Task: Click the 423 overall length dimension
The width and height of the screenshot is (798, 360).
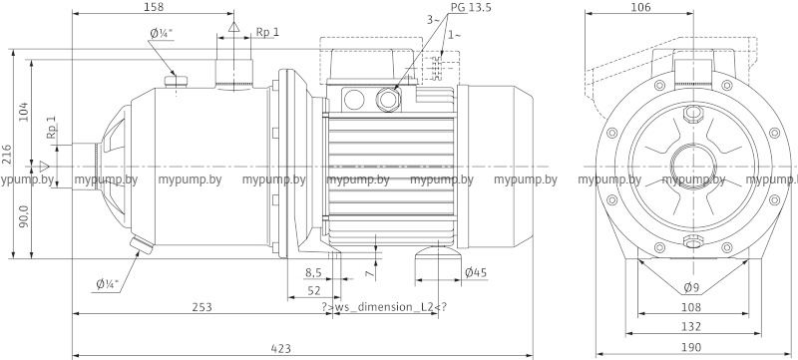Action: click(x=281, y=349)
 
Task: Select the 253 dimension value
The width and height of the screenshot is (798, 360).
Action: click(x=201, y=307)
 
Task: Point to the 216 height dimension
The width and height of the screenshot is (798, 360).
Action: click(x=6, y=153)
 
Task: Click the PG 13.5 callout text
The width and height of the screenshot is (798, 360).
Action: click(x=471, y=8)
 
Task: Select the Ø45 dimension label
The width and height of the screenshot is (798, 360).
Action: click(x=476, y=273)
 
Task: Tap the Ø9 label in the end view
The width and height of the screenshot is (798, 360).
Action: click(x=690, y=288)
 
